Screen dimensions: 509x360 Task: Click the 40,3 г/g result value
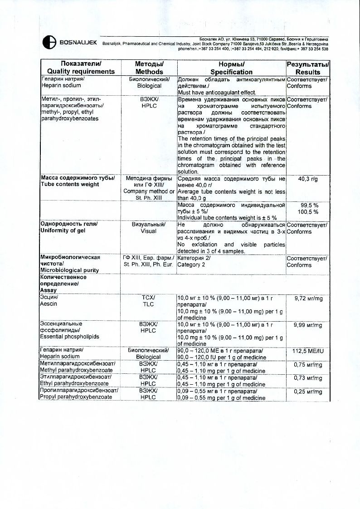pyautogui.click(x=308, y=179)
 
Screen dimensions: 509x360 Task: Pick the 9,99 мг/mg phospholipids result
pyautogui.click(x=308, y=325)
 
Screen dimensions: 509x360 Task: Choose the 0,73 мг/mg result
pyautogui.click(x=308, y=378)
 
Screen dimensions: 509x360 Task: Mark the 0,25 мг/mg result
pyautogui.click(x=308, y=392)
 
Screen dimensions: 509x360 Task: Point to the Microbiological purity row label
pyautogui.click(x=69, y=270)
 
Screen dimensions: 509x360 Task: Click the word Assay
pyautogui.click(x=49, y=290)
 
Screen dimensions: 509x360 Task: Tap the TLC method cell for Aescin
pyautogui.click(x=149, y=304)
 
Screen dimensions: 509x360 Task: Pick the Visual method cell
pyautogui.click(x=149, y=231)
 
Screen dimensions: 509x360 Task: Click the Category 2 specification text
pyautogui.click(x=191, y=264)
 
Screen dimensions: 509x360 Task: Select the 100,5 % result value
pyautogui.click(x=308, y=212)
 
